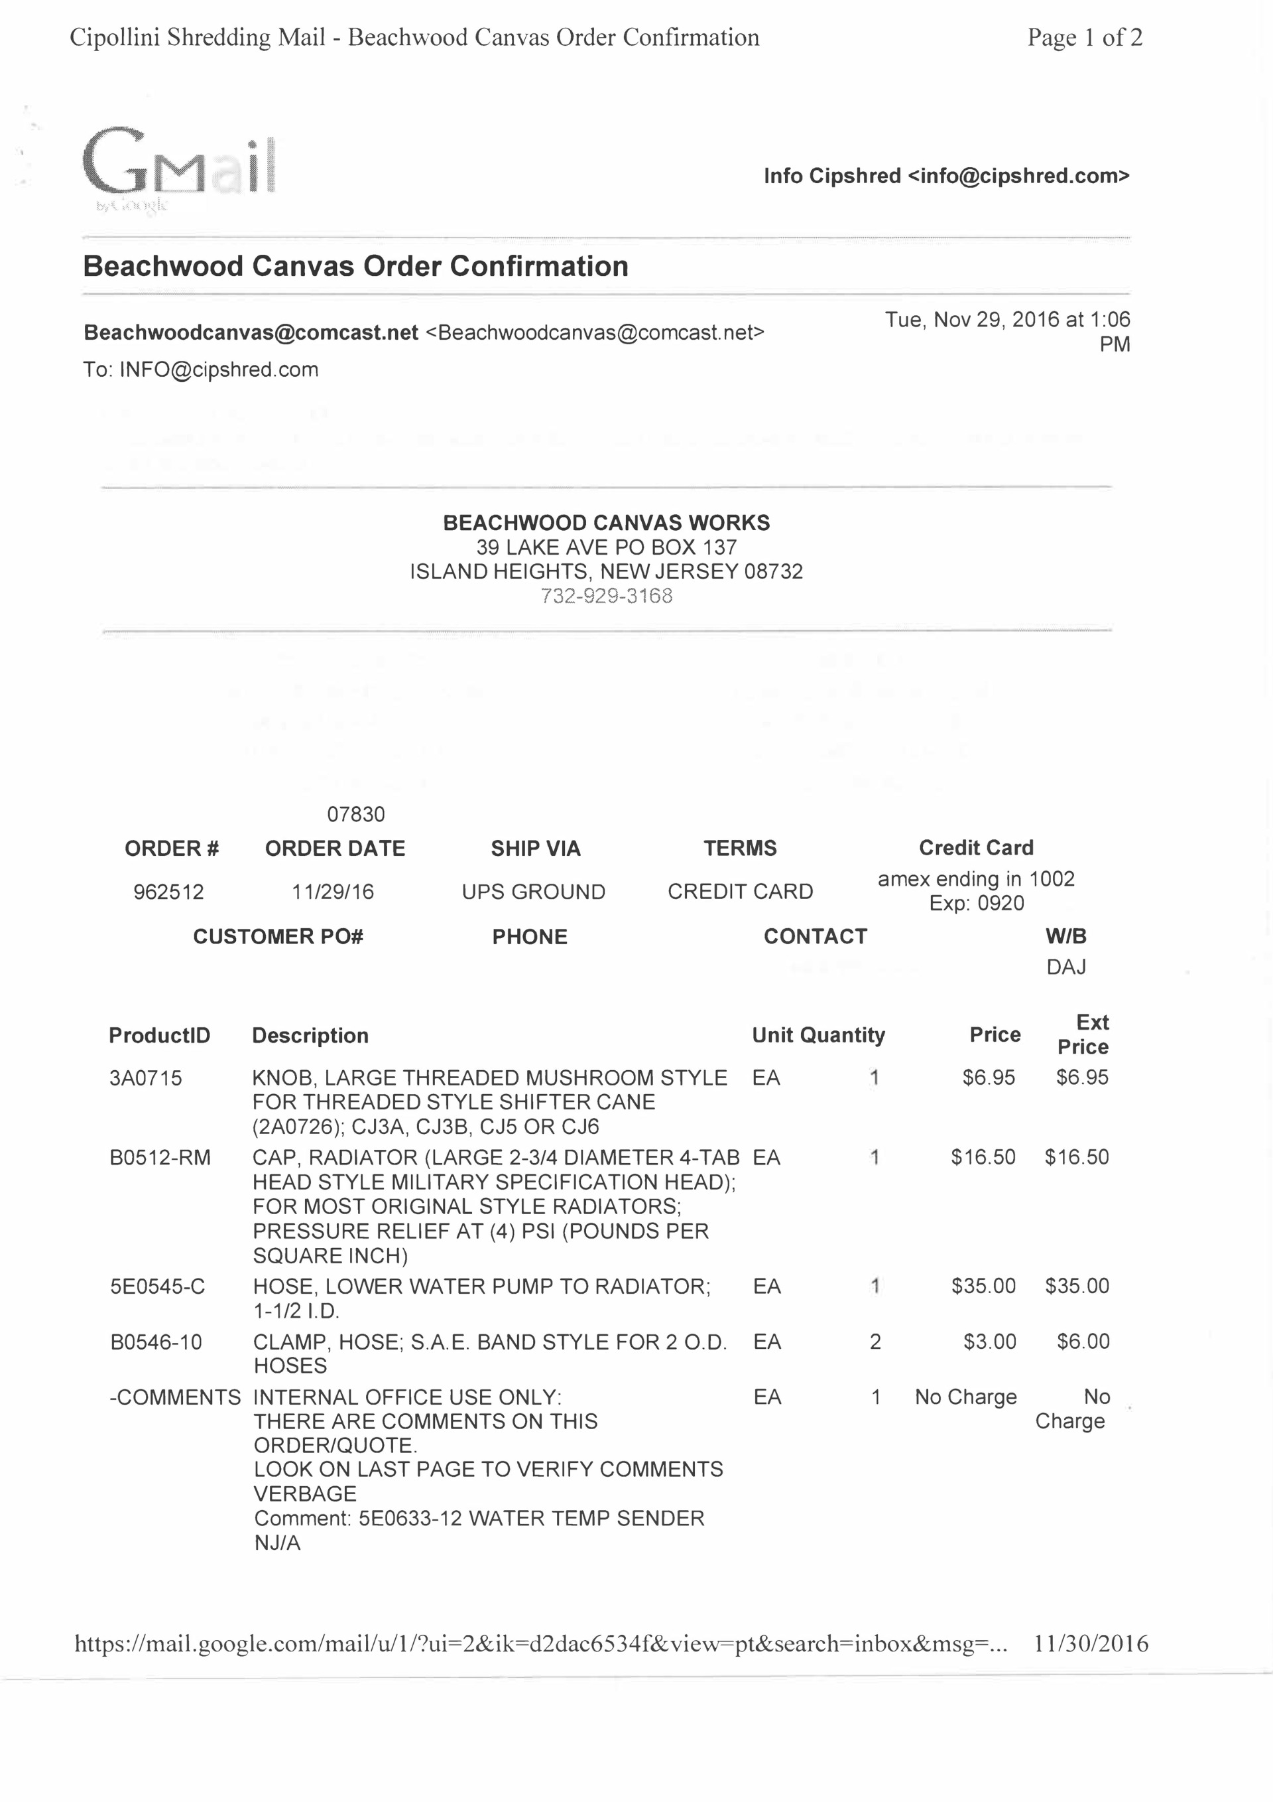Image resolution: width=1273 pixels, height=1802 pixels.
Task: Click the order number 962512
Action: click(x=168, y=892)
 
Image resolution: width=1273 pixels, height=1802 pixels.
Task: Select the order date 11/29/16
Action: click(x=333, y=892)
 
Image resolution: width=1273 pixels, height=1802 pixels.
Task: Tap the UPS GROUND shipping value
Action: click(x=533, y=892)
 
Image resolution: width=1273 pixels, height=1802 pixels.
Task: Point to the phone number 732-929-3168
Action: click(x=606, y=596)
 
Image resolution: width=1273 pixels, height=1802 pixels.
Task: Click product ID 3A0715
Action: click(x=146, y=1078)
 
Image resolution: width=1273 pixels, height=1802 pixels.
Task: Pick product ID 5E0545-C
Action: click(x=158, y=1286)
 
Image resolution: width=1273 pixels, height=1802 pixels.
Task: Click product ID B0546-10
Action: click(x=156, y=1342)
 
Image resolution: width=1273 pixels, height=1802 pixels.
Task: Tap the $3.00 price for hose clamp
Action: click(x=990, y=1342)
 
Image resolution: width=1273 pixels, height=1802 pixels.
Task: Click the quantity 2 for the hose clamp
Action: click(x=875, y=1342)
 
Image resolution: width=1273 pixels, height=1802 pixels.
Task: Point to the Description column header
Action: click(x=310, y=1035)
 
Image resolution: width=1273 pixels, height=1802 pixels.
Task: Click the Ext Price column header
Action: click(x=1083, y=1034)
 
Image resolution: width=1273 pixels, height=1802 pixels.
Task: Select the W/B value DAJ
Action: click(x=1066, y=967)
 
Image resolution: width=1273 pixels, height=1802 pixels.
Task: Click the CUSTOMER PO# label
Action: click(x=278, y=936)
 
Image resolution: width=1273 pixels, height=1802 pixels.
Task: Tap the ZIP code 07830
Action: click(x=356, y=815)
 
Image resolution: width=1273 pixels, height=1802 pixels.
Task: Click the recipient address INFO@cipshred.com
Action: click(x=219, y=370)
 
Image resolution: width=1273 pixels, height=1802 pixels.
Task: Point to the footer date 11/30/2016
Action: click(x=1091, y=1643)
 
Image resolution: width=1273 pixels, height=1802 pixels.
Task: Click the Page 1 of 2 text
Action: click(x=1085, y=37)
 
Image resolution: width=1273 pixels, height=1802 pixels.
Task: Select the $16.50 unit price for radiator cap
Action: click(x=983, y=1157)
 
